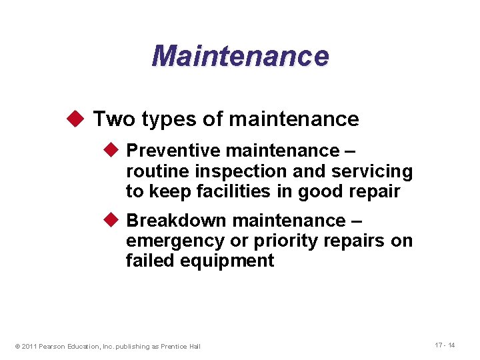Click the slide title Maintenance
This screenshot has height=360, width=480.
point(240,56)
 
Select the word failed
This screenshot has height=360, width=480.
point(150,261)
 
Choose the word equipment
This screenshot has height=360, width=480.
point(227,261)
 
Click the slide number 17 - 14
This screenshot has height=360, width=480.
point(445,345)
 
